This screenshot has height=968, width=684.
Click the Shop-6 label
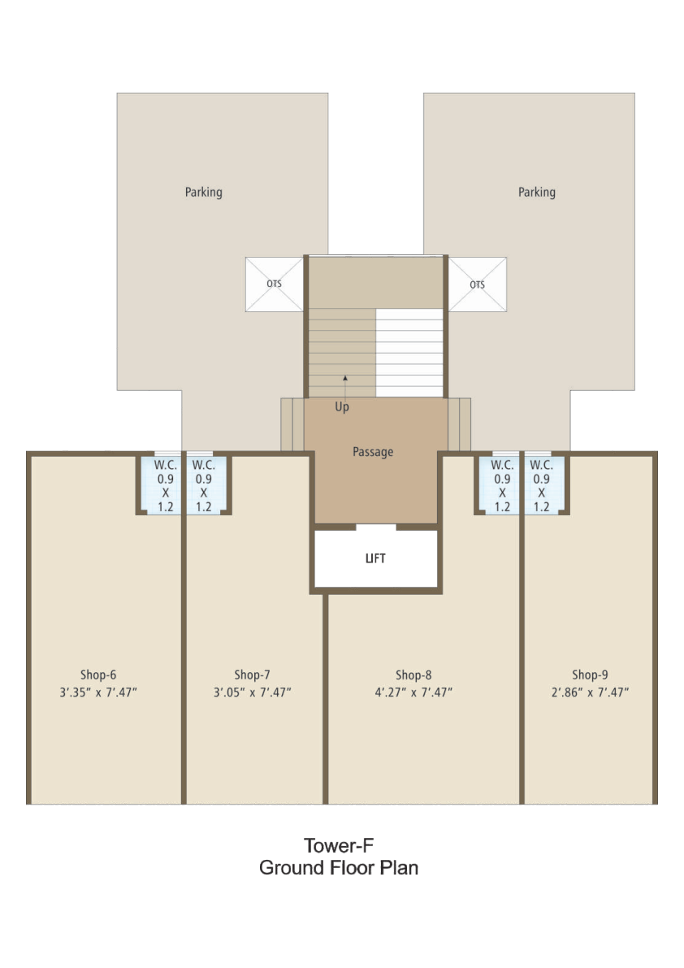point(98,675)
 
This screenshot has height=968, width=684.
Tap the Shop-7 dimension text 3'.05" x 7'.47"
point(253,692)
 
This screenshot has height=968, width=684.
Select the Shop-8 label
point(413,675)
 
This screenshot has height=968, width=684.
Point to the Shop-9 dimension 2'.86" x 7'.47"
point(590,692)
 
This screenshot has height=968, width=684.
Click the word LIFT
point(375,558)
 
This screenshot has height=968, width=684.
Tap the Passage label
point(373,452)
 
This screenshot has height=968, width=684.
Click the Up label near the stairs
point(342,407)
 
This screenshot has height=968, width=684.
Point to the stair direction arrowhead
point(345,378)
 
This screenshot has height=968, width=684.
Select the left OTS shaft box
point(275,284)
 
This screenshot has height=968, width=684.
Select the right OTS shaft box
point(478,284)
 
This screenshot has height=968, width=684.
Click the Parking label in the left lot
point(204,192)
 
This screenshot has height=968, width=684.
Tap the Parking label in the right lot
point(537,192)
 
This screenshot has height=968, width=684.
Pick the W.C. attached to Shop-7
point(206,484)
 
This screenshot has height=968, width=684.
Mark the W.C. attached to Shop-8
point(500,484)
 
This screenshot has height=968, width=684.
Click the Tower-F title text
point(339,845)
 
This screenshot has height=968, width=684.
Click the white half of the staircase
point(409,353)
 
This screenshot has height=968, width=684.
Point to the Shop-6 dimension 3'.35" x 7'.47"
point(98,692)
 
